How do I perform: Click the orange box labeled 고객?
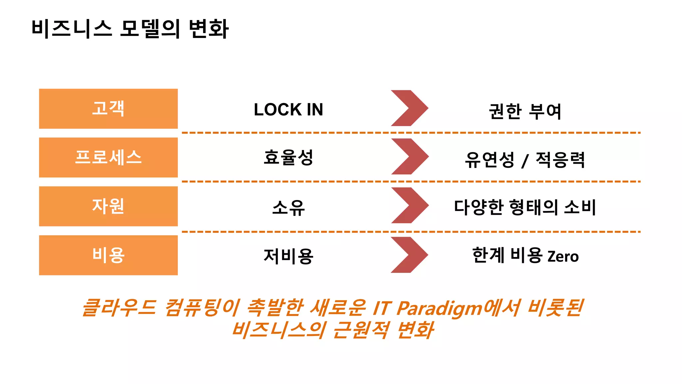tap(108, 109)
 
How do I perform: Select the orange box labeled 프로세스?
tap(108, 157)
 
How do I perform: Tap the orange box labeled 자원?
tap(108, 206)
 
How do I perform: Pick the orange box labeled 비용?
tap(108, 255)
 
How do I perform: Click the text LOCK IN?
tap(288, 110)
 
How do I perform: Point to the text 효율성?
tap(288, 158)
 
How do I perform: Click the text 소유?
tap(288, 207)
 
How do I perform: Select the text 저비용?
tap(288, 256)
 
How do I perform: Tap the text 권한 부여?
tap(525, 111)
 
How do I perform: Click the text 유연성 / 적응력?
tap(525, 160)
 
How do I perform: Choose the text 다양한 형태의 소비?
tap(525, 207)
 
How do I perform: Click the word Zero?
tap(563, 257)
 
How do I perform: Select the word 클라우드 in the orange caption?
tap(119, 307)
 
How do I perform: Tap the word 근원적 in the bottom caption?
tap(361, 330)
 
